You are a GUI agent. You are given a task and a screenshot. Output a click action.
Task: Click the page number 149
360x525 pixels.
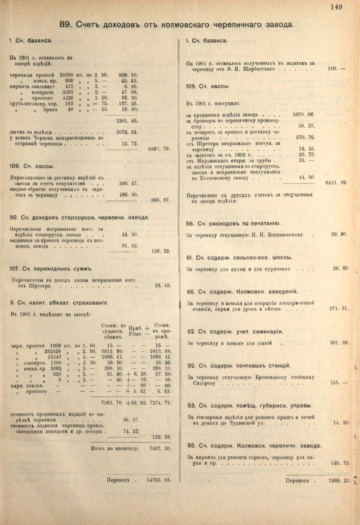pyautogui.click(x=337, y=6)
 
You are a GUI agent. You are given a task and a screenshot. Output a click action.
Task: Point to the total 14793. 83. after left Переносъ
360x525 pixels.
pyautogui.click(x=158, y=480)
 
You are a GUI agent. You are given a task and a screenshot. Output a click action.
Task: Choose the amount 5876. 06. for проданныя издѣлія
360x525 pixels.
pyautogui.click(x=304, y=114)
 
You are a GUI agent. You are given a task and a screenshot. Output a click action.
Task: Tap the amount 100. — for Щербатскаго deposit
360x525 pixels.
pyautogui.click(x=336, y=69)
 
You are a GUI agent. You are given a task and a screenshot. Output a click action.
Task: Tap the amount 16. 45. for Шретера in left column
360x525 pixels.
pyautogui.click(x=162, y=285)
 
